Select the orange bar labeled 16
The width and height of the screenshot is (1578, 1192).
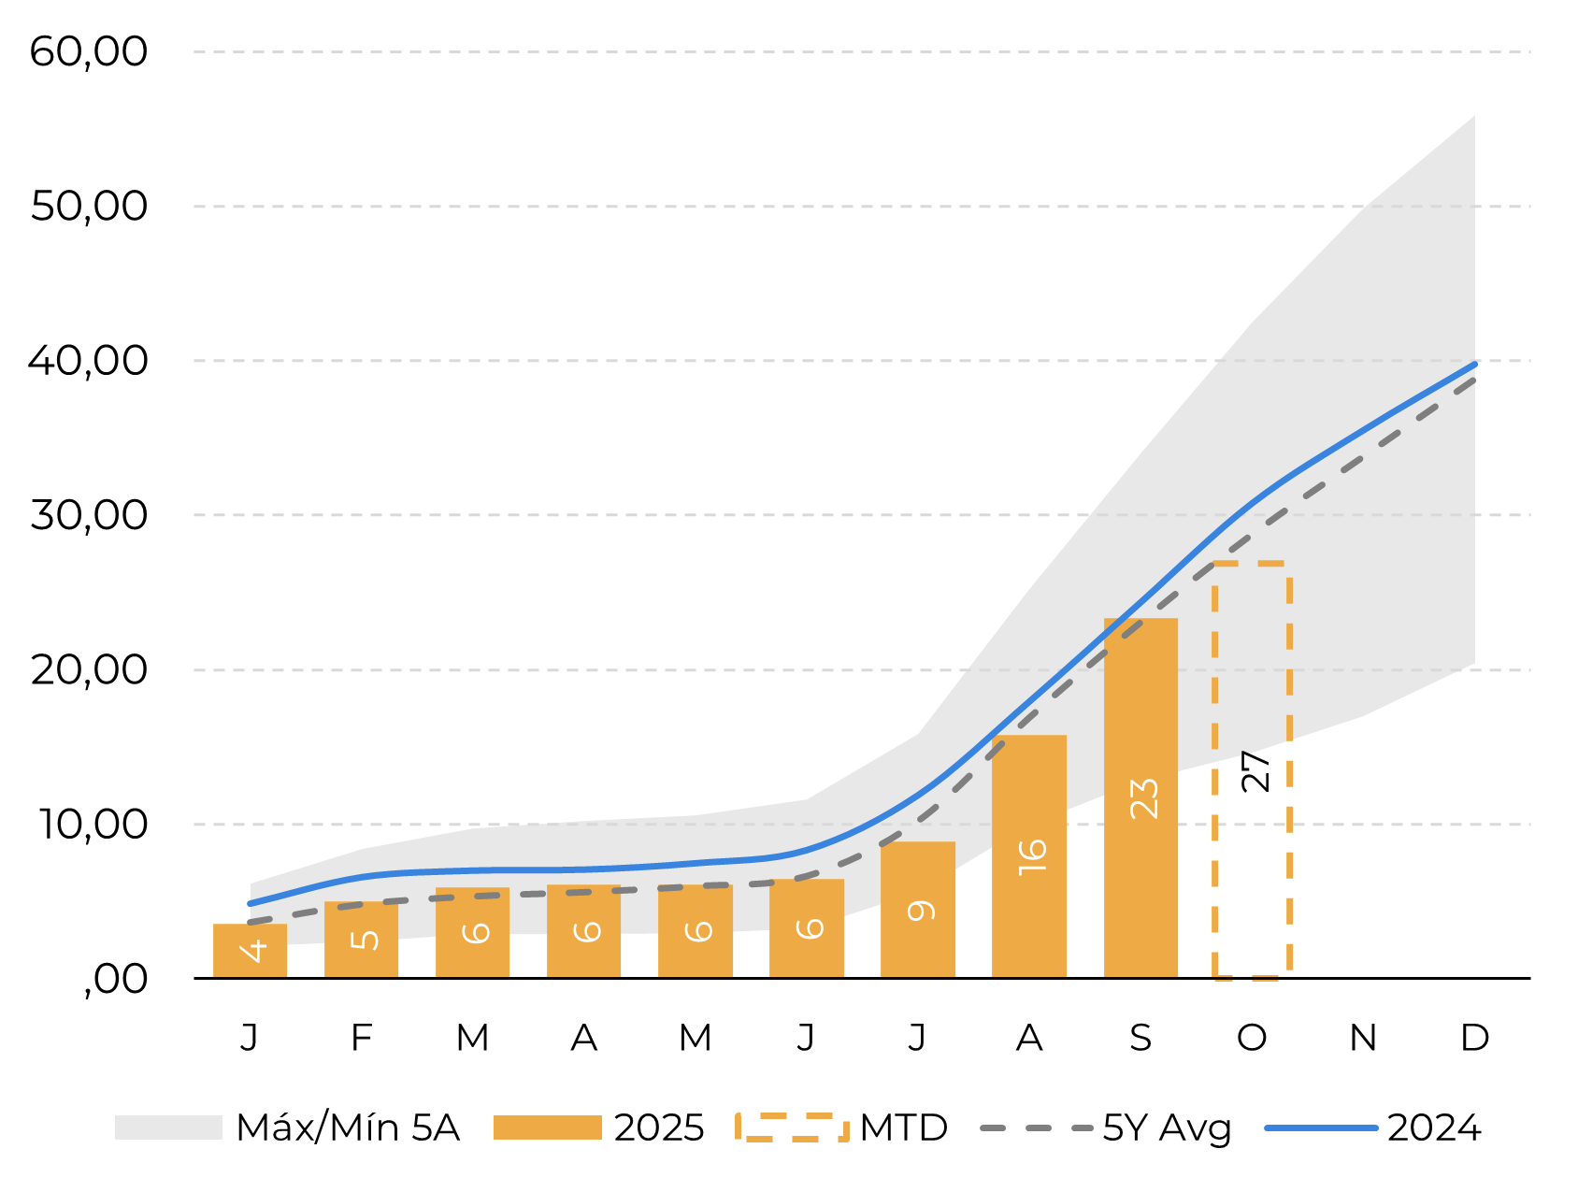tap(1029, 855)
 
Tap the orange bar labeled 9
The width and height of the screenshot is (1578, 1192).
tap(918, 909)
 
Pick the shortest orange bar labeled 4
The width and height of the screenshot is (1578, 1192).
tap(250, 951)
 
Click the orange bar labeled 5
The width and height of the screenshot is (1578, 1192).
tap(361, 940)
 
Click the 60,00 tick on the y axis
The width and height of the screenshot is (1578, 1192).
tap(89, 51)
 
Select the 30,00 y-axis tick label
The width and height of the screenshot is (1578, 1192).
tap(89, 515)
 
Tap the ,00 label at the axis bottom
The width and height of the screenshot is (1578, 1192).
tap(116, 979)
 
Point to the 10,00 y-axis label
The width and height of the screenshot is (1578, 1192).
tap(92, 825)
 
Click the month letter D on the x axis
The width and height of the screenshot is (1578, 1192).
tap(1474, 1038)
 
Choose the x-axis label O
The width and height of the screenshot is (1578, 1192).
tap(1252, 1038)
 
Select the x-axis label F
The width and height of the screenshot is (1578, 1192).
tap(362, 1038)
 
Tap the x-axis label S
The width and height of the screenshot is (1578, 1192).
tap(1140, 1038)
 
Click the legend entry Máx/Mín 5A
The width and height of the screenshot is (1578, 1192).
tap(348, 1128)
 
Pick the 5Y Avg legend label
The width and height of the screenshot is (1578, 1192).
tap(1167, 1128)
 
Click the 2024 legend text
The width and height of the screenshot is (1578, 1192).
tap(1434, 1128)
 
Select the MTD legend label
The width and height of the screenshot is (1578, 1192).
tap(903, 1128)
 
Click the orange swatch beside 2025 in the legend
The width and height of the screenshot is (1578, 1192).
tap(547, 1128)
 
